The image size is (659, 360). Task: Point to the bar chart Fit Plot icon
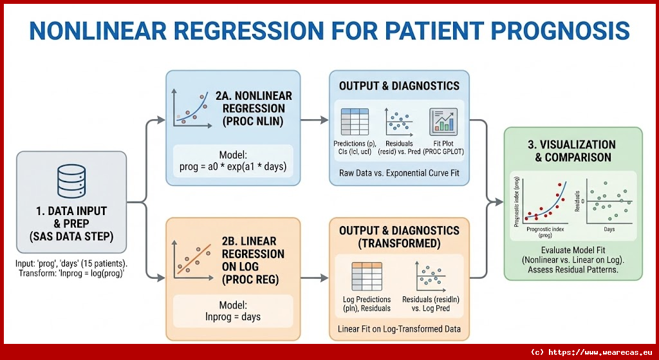[443, 121]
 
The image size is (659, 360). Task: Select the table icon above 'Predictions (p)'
[354, 121]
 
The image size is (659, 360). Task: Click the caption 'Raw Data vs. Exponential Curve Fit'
[399, 173]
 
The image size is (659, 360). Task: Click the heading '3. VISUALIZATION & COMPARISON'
[573, 151]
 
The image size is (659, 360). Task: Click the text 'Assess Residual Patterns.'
[573, 270]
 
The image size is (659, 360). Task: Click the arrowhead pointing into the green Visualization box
[499, 202]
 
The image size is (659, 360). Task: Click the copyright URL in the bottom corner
[591, 352]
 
